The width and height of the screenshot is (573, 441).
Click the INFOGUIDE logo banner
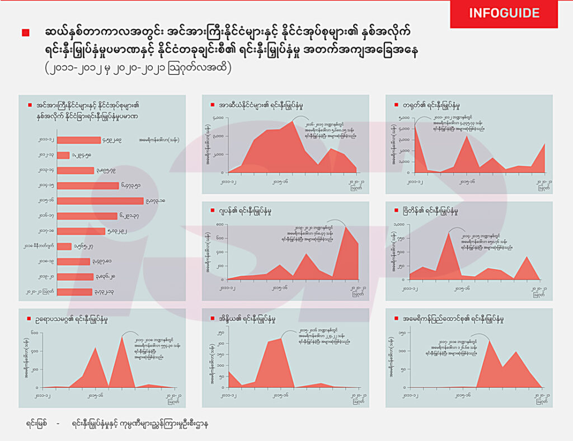(x=504, y=13)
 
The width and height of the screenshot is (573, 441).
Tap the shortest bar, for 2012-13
(x=63, y=155)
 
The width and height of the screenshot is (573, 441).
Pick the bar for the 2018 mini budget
(x=64, y=246)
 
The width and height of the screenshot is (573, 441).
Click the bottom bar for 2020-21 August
(x=74, y=292)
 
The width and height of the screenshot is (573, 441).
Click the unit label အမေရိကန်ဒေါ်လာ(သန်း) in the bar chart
(x=159, y=140)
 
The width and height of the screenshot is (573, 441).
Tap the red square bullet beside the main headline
(x=25, y=32)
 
